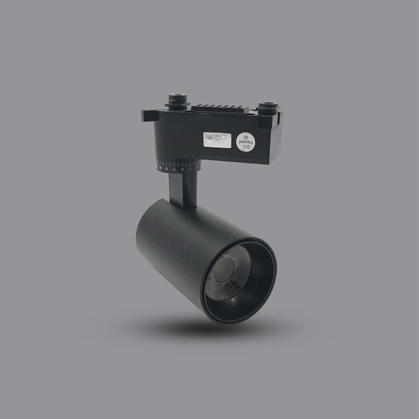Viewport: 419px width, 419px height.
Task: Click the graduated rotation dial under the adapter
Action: point(178,168)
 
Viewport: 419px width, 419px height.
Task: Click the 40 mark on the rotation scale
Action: point(174,170)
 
